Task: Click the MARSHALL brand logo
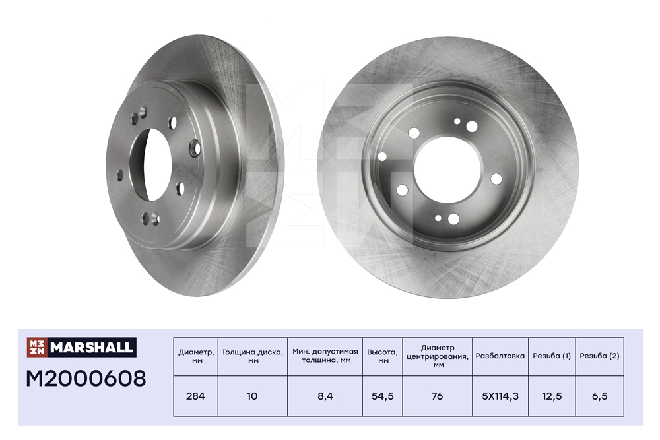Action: (x=81, y=347)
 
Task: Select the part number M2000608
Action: (x=86, y=379)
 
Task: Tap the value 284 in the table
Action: (x=195, y=396)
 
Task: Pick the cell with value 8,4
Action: (x=325, y=396)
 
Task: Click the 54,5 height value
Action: (x=383, y=396)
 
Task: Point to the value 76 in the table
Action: (x=438, y=396)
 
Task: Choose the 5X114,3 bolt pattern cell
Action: (x=500, y=396)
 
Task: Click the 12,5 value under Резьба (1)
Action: (x=552, y=396)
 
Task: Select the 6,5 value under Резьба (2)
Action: (x=599, y=396)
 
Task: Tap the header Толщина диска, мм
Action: (x=253, y=356)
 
